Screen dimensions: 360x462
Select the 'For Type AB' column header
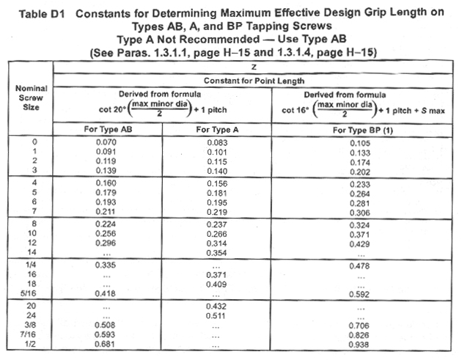click(109, 129)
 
